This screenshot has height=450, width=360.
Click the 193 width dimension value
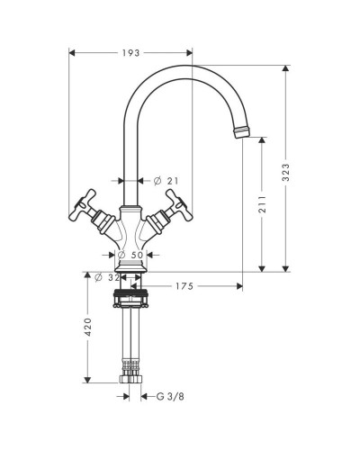point(131,53)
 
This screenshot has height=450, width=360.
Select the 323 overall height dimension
point(286,172)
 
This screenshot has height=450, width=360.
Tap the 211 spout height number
point(263,204)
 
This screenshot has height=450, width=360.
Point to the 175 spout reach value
point(184,286)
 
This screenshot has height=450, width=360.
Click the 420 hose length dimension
point(88,327)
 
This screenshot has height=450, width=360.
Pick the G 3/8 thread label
point(170,397)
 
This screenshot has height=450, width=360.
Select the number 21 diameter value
point(173,181)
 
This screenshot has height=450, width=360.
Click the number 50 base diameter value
point(137,255)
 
